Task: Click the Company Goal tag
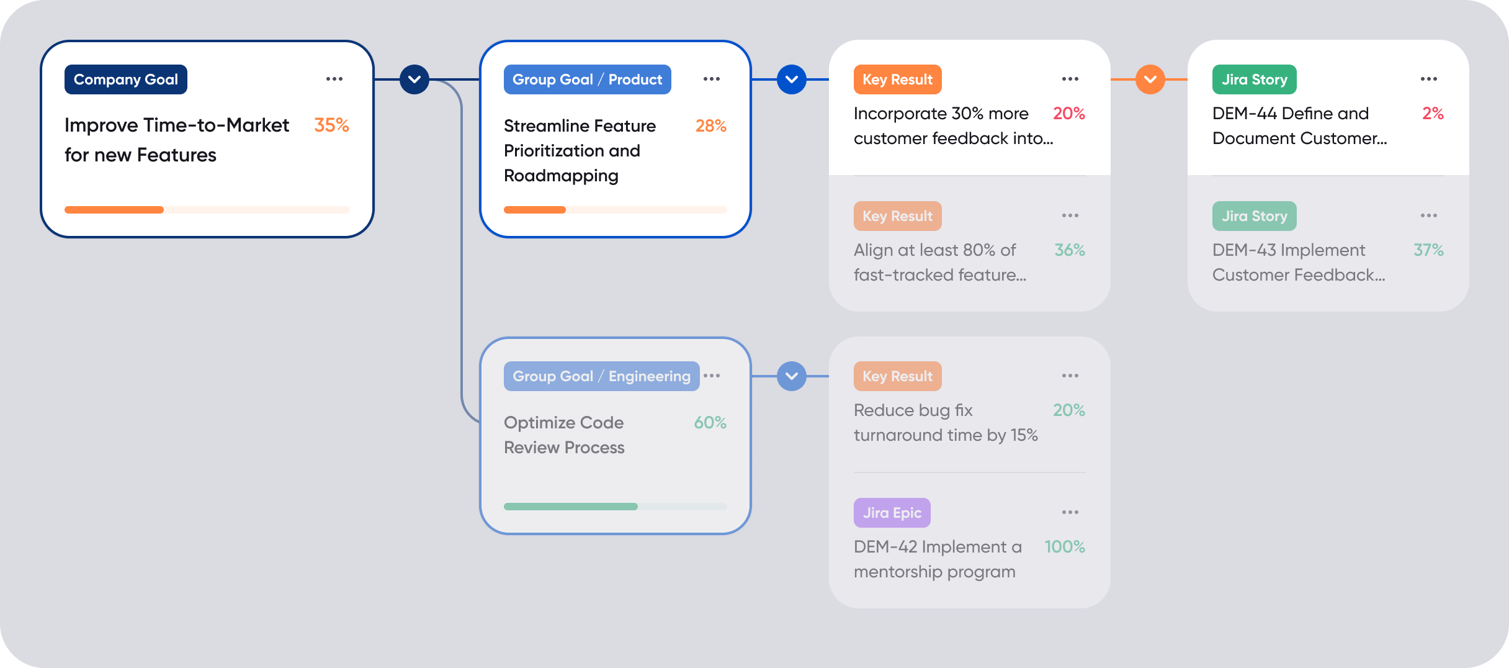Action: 125,79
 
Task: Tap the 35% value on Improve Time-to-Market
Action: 331,125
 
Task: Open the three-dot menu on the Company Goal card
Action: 334,79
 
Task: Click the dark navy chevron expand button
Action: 414,79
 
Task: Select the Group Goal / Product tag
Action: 587,79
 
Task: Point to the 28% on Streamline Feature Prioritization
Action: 710,126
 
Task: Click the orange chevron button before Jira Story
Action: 1150,79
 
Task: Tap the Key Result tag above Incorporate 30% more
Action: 897,79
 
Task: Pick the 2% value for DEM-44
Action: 1433,114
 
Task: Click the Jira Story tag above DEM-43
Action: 1254,216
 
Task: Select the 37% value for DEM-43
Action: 1428,250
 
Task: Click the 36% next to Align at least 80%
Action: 1070,250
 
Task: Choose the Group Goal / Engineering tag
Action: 601,376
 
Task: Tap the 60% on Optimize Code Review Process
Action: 710,423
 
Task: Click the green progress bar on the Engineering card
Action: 570,507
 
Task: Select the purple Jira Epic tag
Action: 892,513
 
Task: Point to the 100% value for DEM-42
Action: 1064,547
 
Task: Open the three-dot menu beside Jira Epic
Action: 1070,512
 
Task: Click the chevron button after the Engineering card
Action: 791,376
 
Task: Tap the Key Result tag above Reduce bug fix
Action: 897,376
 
